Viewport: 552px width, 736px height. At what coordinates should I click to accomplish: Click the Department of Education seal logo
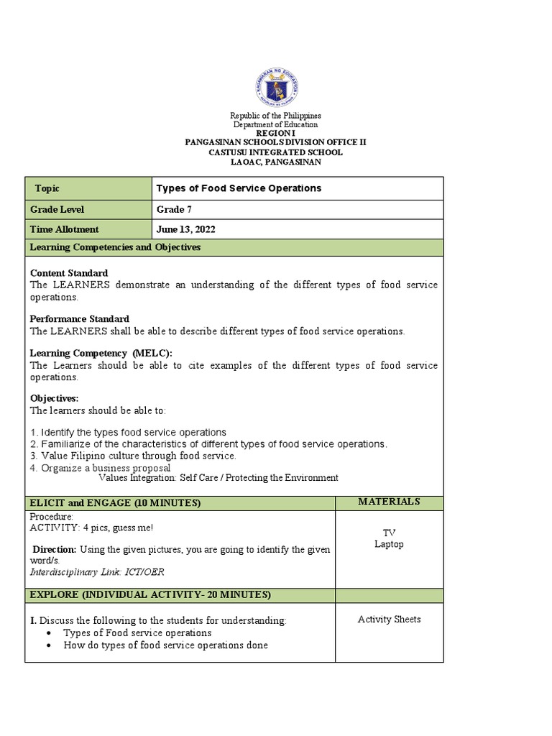point(276,88)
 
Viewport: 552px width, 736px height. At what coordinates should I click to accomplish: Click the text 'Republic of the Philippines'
point(275,116)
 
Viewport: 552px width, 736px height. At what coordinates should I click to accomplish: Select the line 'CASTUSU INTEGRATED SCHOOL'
point(275,152)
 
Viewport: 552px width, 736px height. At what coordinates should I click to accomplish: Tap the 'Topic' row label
point(47,188)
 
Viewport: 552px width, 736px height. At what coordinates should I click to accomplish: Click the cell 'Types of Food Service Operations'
point(239,188)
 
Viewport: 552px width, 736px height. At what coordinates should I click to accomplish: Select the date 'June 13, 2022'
point(185,229)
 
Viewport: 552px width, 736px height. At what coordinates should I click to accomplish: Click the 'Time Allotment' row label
point(64,229)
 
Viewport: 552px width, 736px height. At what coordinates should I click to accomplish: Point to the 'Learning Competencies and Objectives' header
point(115,247)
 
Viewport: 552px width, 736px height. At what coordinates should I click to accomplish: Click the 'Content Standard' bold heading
point(69,273)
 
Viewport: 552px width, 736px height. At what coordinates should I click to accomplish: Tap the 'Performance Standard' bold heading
point(79,318)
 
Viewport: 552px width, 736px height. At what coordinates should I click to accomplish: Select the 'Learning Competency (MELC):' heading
point(101,353)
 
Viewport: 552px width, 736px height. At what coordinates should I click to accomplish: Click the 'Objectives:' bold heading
point(54,398)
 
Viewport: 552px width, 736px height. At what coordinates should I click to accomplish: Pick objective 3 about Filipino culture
point(133,456)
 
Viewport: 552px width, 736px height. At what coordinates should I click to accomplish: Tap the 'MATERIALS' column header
point(389,502)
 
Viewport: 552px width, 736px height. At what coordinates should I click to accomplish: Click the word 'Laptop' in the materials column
point(389,544)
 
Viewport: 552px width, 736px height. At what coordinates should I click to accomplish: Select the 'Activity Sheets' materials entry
point(389,620)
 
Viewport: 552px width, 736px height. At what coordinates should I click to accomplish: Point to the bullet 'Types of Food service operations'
point(137,632)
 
